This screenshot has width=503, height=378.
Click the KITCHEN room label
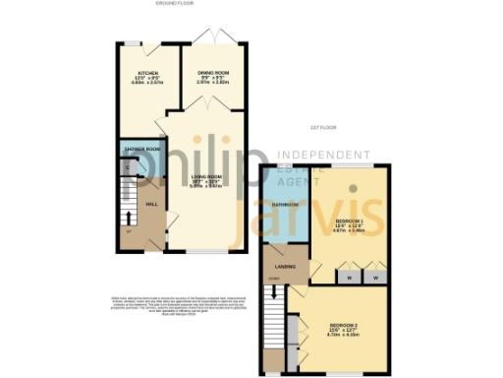tap(148, 73)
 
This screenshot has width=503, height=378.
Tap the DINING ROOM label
tap(213, 73)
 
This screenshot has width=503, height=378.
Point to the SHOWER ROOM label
tap(141, 149)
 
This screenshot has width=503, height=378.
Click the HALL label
tap(152, 203)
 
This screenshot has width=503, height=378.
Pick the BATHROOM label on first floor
tap(284, 204)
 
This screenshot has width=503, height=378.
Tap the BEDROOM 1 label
tap(350, 220)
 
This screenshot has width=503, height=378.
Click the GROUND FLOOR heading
tap(176, 4)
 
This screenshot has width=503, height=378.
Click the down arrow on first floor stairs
tap(274, 293)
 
